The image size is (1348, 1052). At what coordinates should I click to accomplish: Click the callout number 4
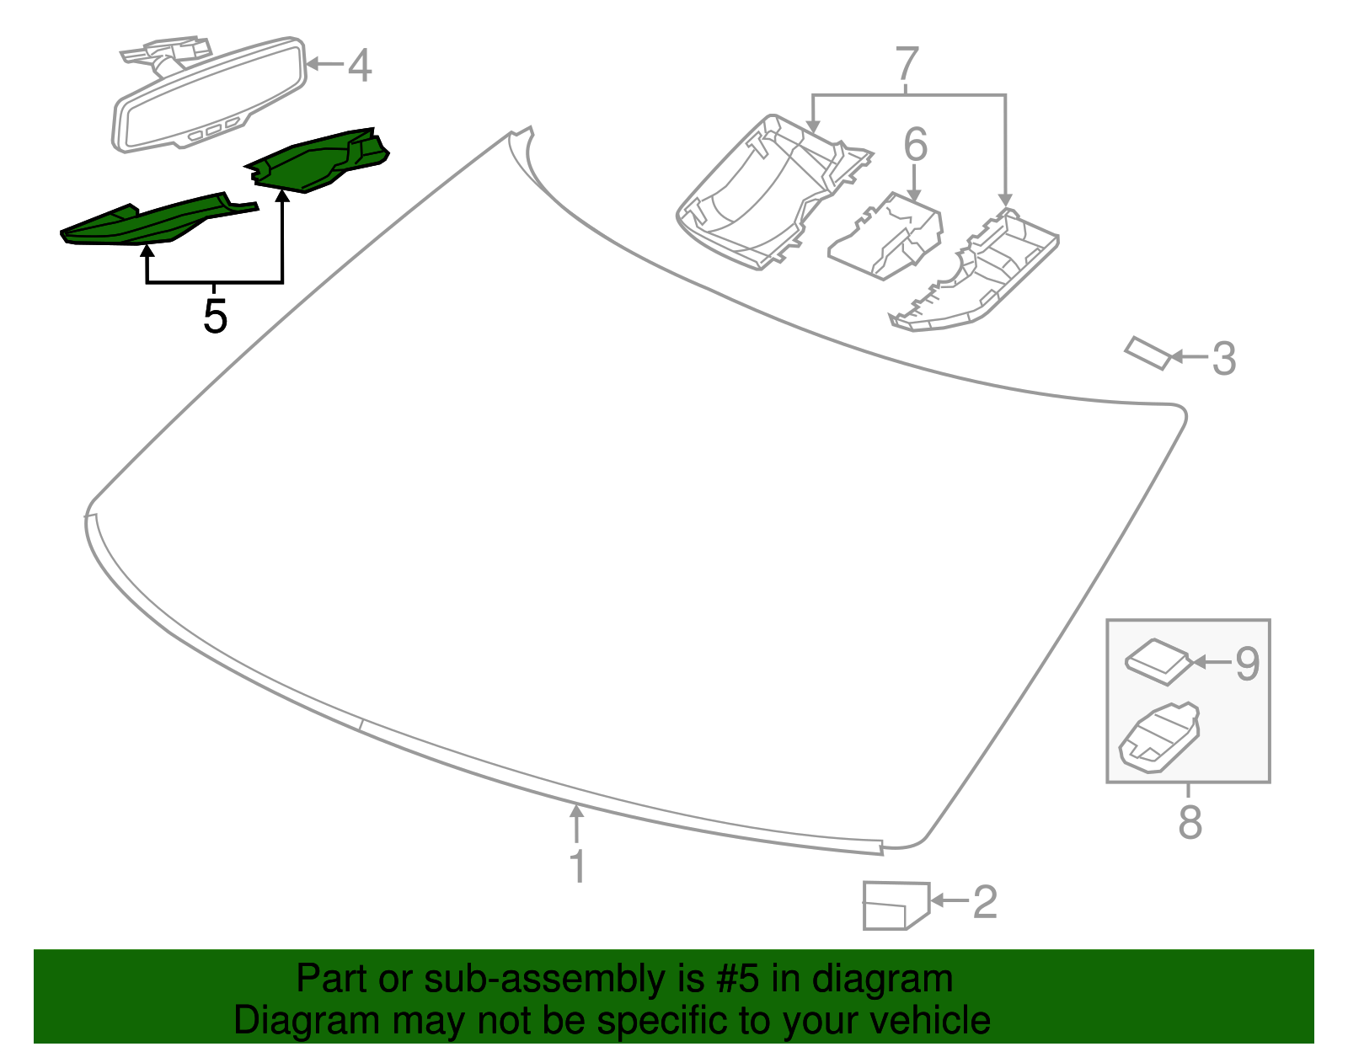(360, 66)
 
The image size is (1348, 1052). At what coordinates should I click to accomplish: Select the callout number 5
(215, 317)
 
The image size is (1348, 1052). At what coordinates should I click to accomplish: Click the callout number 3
(1223, 359)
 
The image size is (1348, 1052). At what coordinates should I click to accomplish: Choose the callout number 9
(1247, 664)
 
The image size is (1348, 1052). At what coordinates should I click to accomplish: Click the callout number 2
(985, 902)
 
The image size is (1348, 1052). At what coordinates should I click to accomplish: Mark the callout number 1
(577, 867)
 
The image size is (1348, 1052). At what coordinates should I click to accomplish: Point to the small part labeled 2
(894, 905)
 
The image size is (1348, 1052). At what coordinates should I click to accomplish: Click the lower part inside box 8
(1158, 735)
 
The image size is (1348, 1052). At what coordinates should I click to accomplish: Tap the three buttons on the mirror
(214, 131)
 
